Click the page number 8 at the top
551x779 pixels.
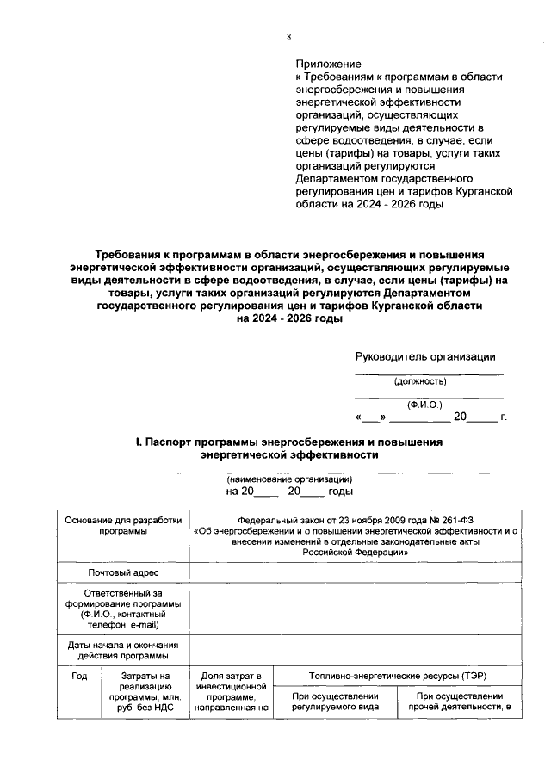coord(289,36)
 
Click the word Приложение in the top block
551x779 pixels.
coord(328,65)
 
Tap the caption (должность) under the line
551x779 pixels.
coord(420,380)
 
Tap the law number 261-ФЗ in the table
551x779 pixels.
coord(449,519)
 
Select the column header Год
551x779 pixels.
coord(79,677)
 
